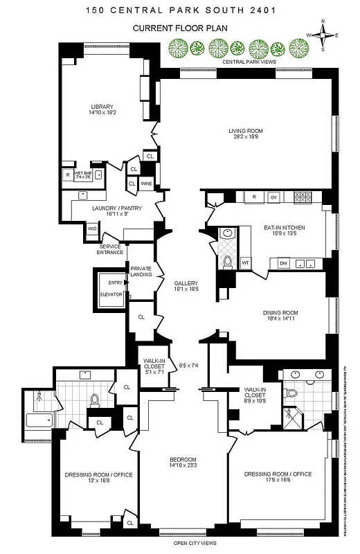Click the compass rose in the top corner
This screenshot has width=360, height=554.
click(324, 35)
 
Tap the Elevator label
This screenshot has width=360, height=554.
click(111, 294)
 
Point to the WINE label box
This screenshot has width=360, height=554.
click(146, 184)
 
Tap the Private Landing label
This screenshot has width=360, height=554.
click(141, 271)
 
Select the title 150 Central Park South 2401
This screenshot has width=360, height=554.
click(179, 10)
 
